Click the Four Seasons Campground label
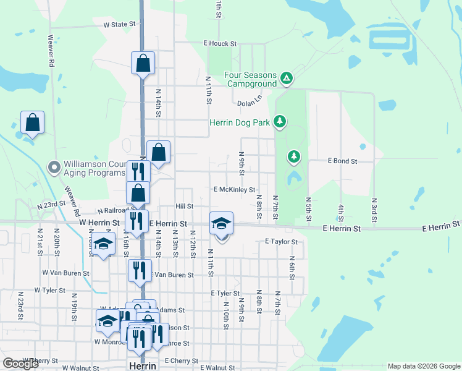[x=251, y=79]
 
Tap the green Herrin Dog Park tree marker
[x=280, y=122]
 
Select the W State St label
[x=119, y=25]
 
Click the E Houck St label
[x=220, y=44]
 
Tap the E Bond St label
[x=342, y=161]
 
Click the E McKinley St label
[x=234, y=190]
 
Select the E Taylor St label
[x=281, y=242]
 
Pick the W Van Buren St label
[x=65, y=273]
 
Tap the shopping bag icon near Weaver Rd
[x=32, y=122]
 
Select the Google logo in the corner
[x=20, y=364]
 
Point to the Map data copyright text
[x=423, y=366]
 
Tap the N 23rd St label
[x=51, y=205]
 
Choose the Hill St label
[x=184, y=207]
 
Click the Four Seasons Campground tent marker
[x=286, y=78]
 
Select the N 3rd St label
[x=374, y=210]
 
